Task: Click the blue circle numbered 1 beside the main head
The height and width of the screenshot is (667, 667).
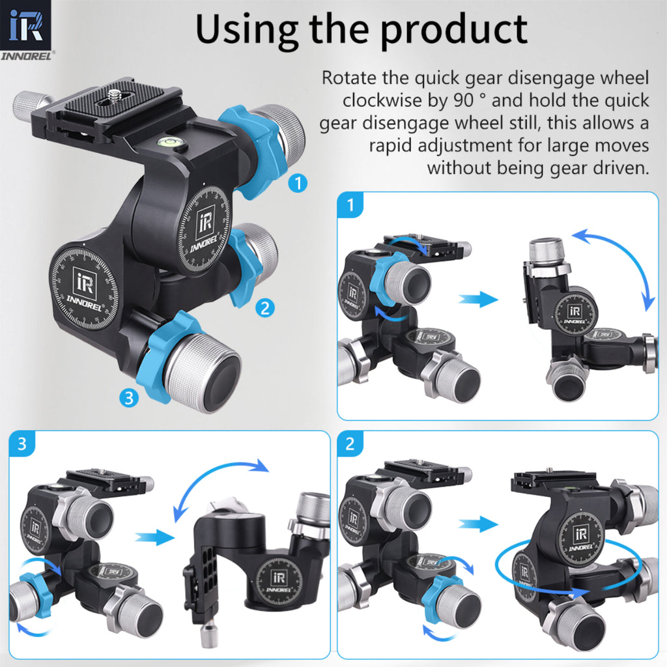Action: click(x=298, y=184)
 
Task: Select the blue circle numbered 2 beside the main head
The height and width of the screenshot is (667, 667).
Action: click(x=264, y=308)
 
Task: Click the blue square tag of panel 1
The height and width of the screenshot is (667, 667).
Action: click(x=351, y=206)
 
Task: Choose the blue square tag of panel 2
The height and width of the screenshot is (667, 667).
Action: click(x=351, y=445)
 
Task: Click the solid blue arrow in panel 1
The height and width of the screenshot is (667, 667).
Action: click(x=478, y=300)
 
